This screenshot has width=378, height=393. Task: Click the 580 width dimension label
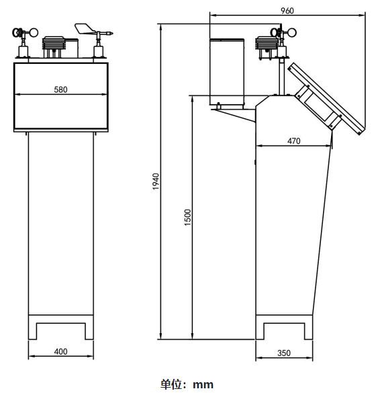pyautogui.click(x=60, y=89)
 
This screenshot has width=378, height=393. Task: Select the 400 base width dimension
pyautogui.click(x=60, y=351)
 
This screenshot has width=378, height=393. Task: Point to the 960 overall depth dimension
pyautogui.click(x=287, y=11)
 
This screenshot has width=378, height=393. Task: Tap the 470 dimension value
pyautogui.click(x=293, y=141)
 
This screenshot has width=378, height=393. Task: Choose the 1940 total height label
pyautogui.click(x=155, y=181)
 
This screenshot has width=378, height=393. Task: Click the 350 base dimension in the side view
pyautogui.click(x=283, y=353)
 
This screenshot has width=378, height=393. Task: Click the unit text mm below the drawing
pyautogui.click(x=203, y=384)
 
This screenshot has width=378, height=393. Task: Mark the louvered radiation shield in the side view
pyautogui.click(x=266, y=47)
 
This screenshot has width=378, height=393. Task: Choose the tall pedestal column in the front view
pyautogui.click(x=60, y=222)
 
